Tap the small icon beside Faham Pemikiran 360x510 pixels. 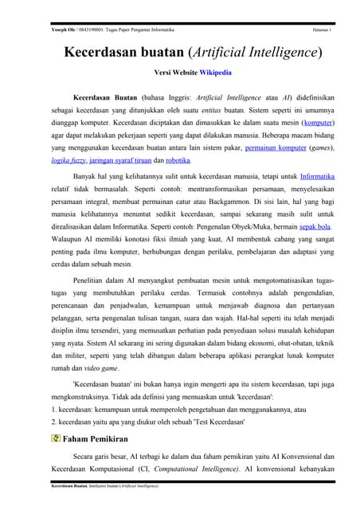pyautogui.click(x=55, y=437)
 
